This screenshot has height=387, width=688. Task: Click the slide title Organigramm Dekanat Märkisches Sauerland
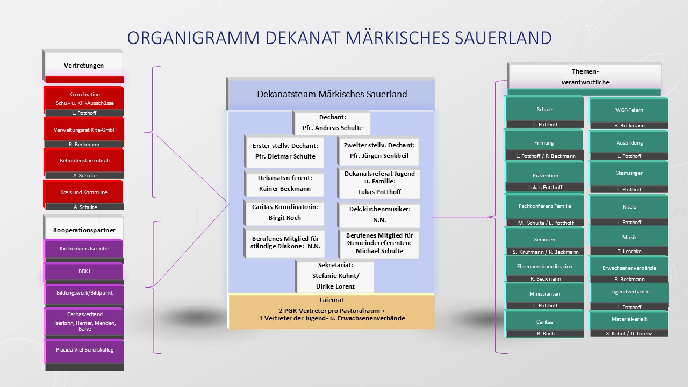339,38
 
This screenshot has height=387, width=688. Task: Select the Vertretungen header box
84,66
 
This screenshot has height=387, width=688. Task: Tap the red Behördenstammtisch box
84,160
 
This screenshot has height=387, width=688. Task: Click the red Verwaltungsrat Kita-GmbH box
84,130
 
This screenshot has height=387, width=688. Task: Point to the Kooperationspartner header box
84,230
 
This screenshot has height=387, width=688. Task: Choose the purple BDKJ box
84,271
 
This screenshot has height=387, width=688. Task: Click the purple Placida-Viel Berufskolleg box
84,350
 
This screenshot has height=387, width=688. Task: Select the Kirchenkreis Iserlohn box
84,249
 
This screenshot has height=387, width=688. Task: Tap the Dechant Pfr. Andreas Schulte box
332,123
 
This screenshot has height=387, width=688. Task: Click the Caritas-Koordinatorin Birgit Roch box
284,212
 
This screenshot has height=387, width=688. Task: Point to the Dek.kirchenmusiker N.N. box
379,214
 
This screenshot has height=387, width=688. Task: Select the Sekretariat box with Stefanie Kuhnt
335,276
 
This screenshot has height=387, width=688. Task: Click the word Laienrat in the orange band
332,300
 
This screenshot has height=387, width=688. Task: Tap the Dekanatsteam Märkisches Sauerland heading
332,94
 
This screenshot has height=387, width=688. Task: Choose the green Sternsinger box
629,173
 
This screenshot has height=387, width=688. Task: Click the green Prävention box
545,175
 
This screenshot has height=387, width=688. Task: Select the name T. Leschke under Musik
629,251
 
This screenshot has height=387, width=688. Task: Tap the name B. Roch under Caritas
545,333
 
